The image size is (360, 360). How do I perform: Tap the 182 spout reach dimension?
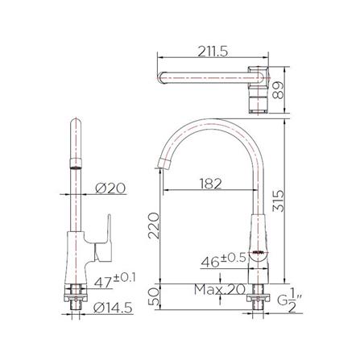coord(209,184)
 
